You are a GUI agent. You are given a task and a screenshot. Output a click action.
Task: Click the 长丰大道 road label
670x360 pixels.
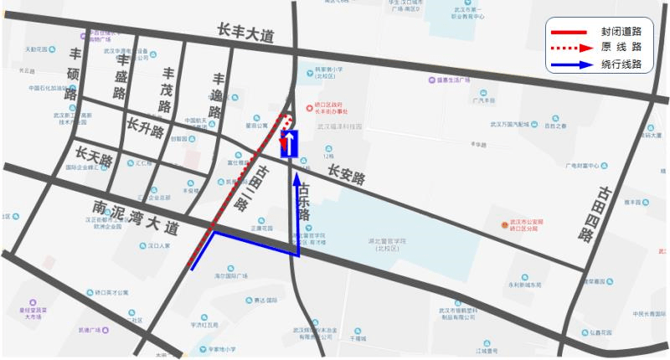[245, 35]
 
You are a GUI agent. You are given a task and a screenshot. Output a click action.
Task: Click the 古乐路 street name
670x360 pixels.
[304, 203]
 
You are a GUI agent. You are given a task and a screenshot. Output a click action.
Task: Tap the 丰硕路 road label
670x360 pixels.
[75, 75]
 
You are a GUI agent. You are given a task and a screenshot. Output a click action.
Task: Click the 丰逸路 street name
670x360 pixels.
[218, 94]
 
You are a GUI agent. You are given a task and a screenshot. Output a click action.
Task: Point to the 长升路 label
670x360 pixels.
[145, 128]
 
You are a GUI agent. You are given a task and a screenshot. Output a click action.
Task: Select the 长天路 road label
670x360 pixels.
[93, 156]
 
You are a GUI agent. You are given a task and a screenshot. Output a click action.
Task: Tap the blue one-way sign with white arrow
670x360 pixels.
[290, 144]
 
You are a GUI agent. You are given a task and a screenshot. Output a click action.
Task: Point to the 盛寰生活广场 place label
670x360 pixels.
[456, 80]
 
